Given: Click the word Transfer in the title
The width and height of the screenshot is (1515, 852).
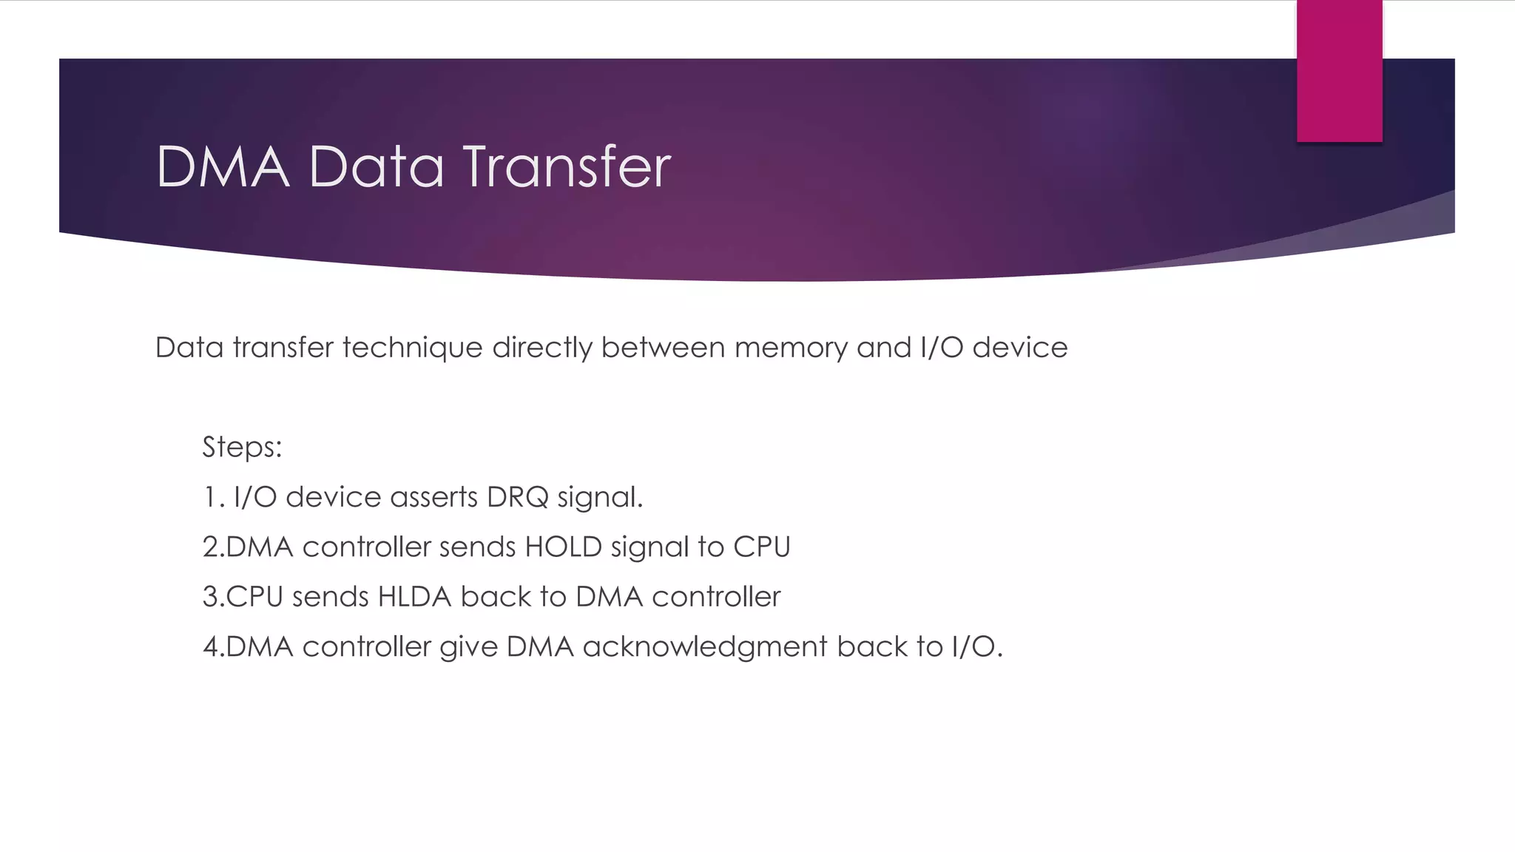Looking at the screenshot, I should click(x=567, y=167).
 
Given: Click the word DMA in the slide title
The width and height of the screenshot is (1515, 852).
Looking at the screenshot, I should click(x=222, y=167).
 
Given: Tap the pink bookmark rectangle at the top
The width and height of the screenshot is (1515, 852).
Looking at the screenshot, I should click(x=1339, y=71).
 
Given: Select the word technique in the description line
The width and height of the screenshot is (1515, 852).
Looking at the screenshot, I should click(x=412, y=348).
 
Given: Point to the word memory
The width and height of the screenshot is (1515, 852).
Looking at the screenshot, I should click(x=791, y=348).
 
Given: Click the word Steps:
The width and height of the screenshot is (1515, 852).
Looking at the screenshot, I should click(x=242, y=447).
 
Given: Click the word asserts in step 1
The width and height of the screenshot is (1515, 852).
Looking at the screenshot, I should click(x=433, y=498).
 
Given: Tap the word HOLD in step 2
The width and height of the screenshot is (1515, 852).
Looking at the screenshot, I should click(x=563, y=547).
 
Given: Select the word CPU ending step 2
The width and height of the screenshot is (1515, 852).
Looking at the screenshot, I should click(x=761, y=547).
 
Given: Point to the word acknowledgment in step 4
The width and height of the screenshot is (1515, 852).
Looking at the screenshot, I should click(x=705, y=647).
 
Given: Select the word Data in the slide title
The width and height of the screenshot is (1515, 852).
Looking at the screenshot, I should click(x=376, y=167).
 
